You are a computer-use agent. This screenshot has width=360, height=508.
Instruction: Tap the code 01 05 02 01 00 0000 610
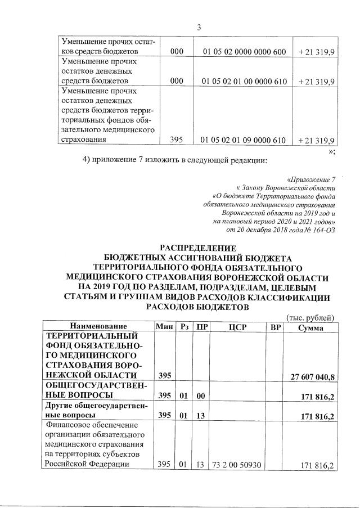click(x=244, y=82)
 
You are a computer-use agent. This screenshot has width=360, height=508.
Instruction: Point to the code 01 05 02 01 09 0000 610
click(x=244, y=140)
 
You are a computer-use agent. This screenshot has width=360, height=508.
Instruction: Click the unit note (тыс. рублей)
click(x=310, y=317)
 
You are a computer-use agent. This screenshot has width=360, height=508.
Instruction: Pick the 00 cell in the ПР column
click(x=200, y=397)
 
